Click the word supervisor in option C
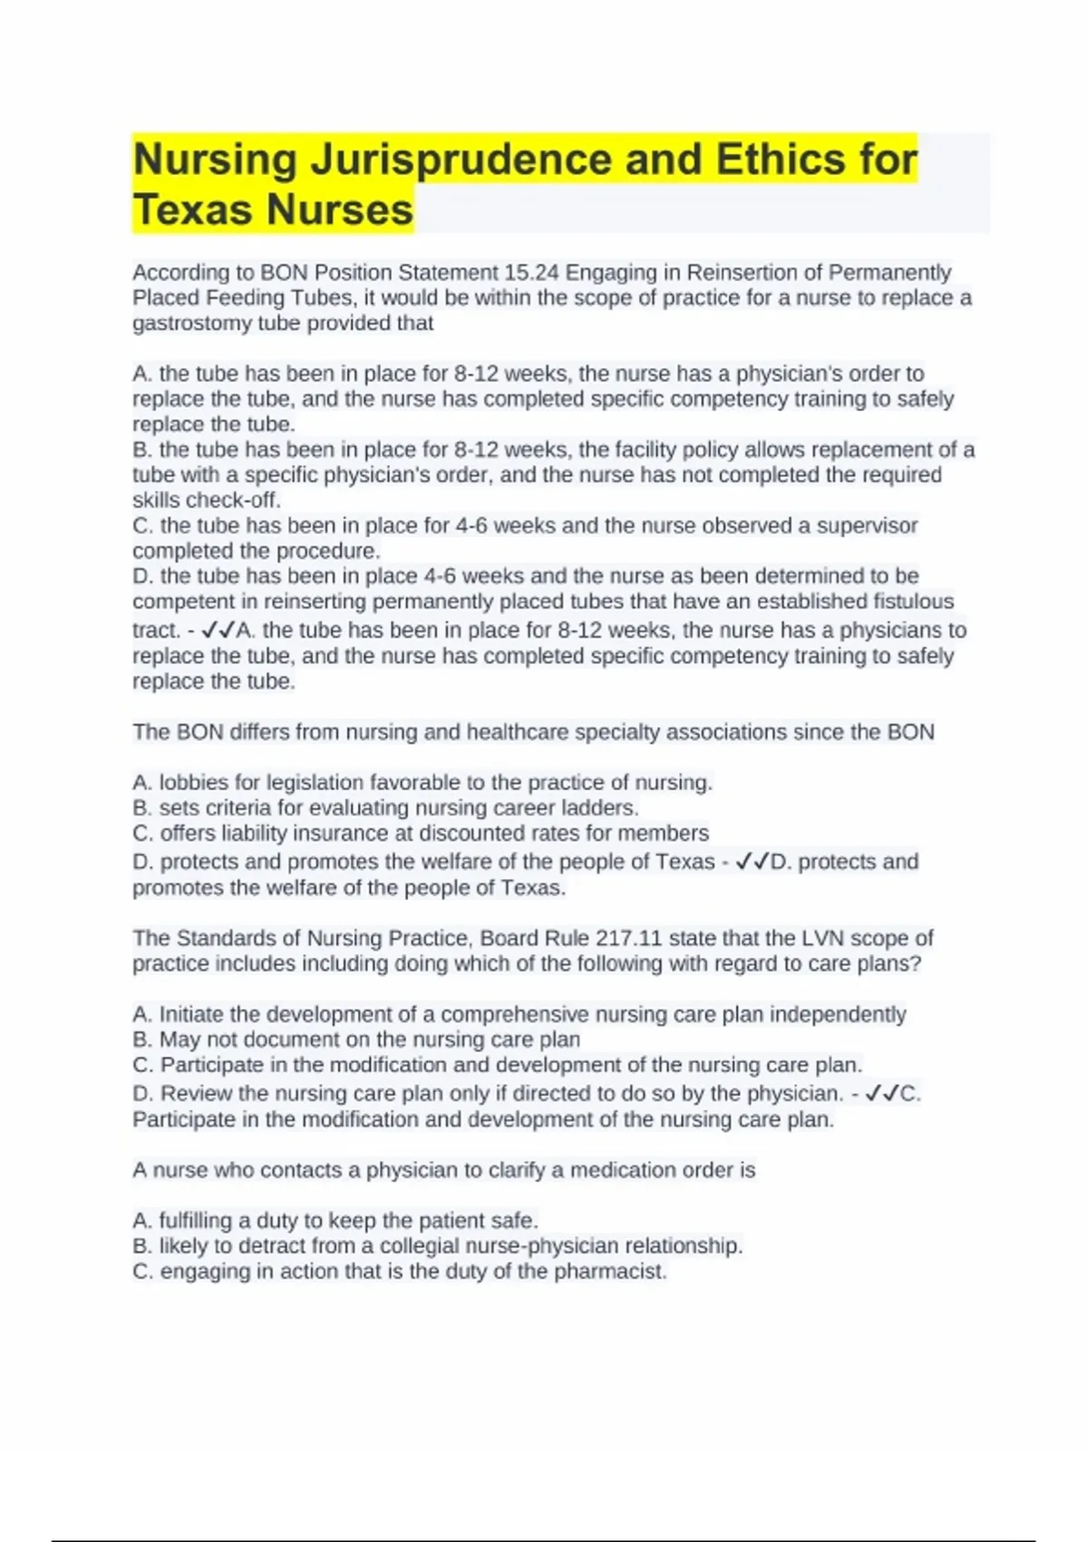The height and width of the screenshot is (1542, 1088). click(867, 526)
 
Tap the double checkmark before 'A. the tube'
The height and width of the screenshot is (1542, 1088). click(218, 629)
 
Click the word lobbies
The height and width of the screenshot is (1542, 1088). click(193, 783)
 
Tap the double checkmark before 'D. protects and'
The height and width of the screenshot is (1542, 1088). click(752, 862)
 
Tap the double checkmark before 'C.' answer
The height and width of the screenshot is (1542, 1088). click(882, 1094)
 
